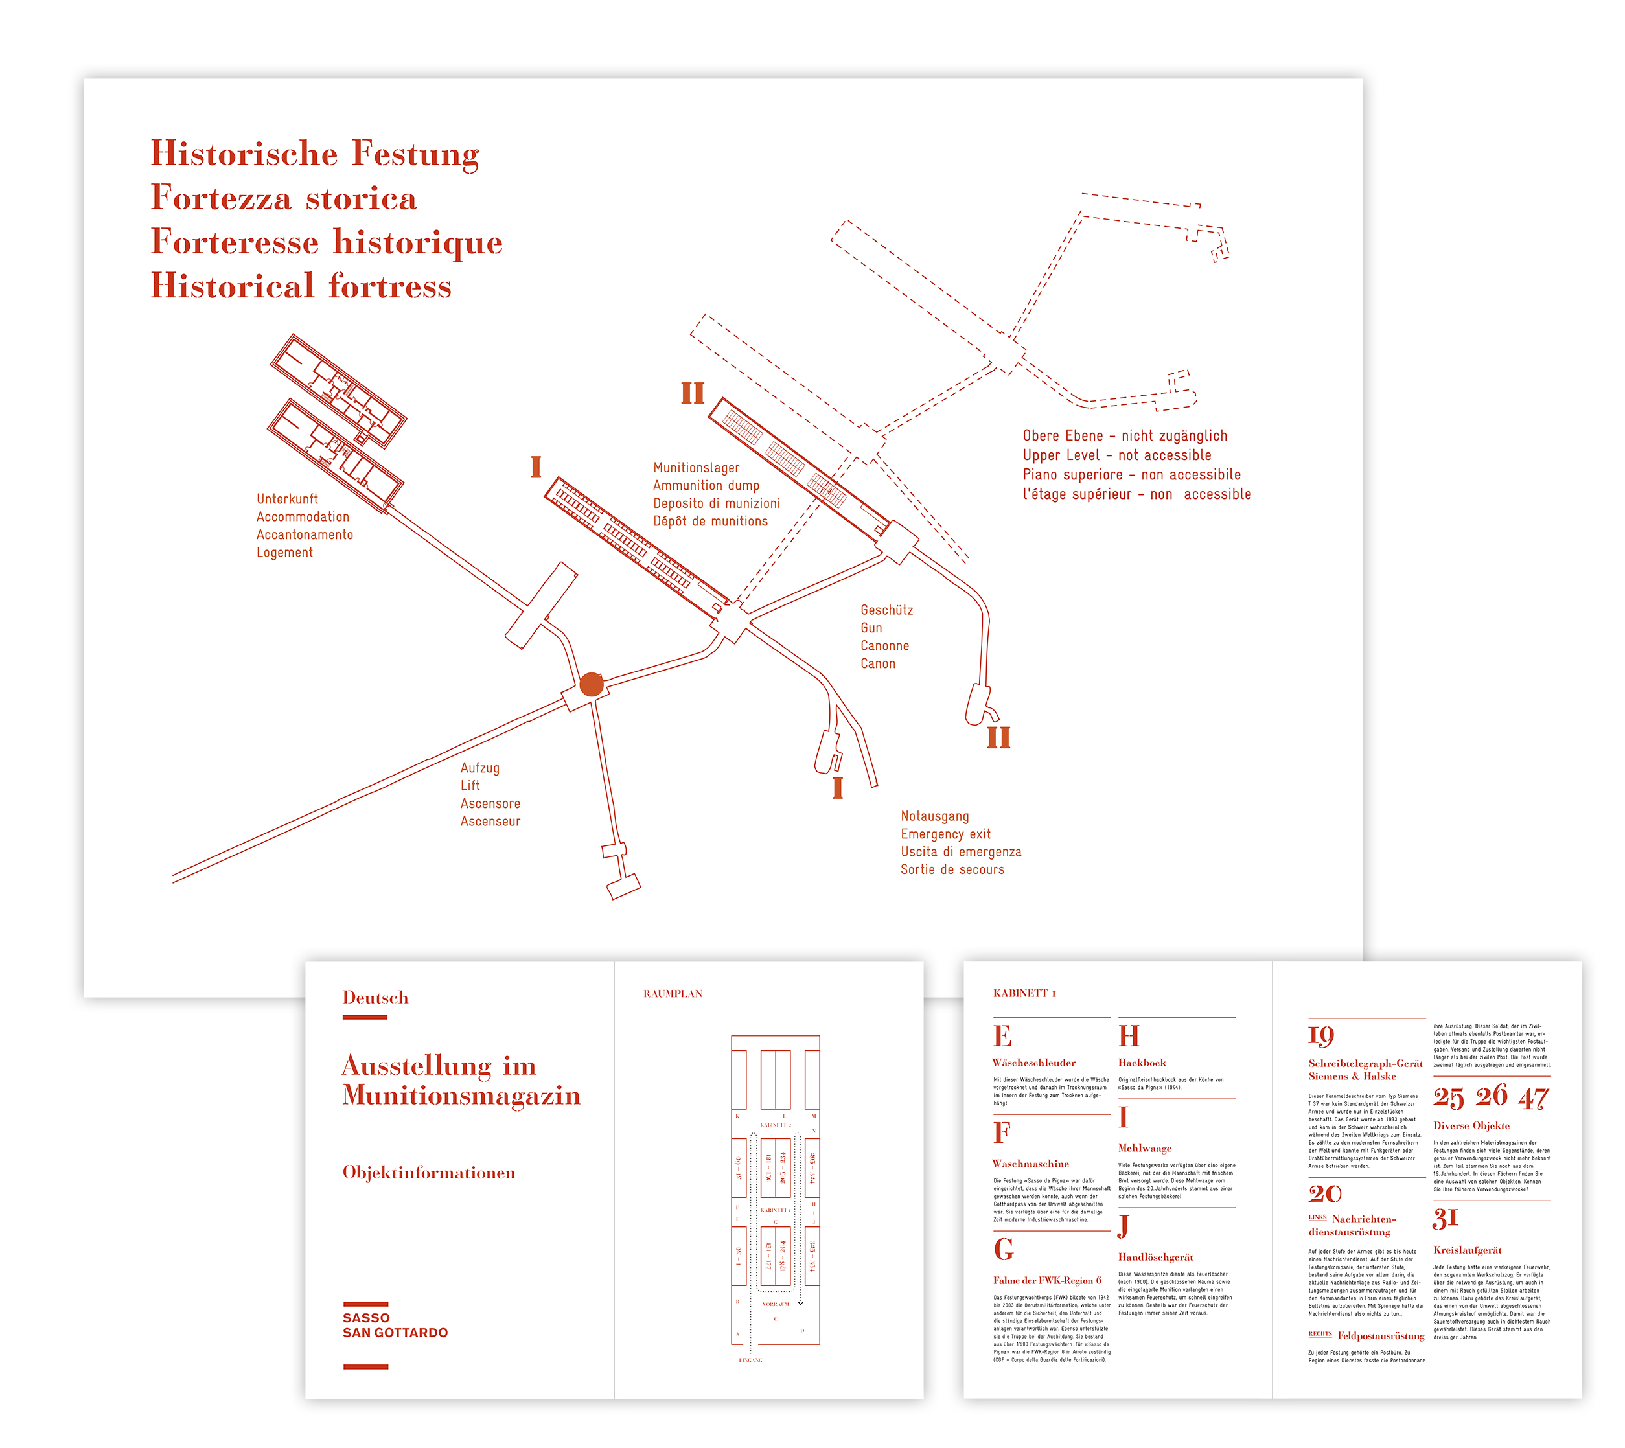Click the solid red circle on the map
(592, 684)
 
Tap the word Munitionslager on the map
(697, 468)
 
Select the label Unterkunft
(286, 499)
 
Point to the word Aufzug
(480, 768)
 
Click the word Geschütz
(886, 610)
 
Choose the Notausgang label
(934, 816)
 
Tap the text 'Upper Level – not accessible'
(1116, 455)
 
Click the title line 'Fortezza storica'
(283, 198)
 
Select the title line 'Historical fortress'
(301, 286)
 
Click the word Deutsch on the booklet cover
(375, 998)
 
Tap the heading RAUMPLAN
(673, 994)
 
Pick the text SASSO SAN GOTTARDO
(395, 1326)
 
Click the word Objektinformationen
(428, 1173)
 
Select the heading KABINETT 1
(1024, 994)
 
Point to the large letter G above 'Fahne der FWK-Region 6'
(1004, 1249)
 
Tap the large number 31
(1444, 1218)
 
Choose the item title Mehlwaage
(1144, 1148)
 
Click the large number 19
(1320, 1035)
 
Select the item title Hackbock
(1141, 1063)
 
